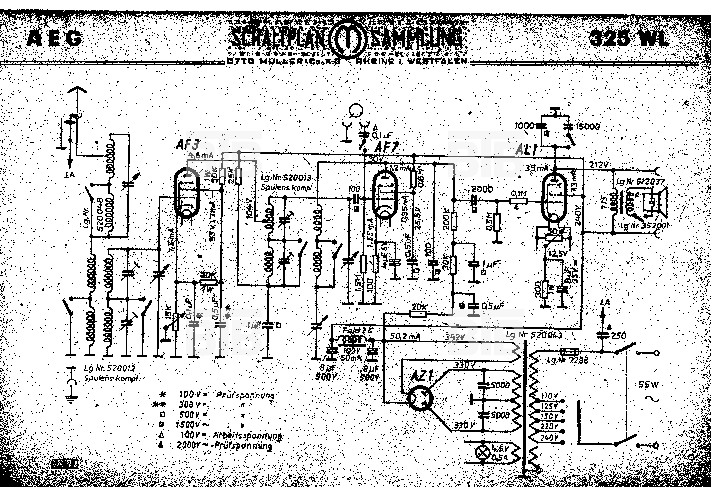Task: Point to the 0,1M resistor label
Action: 519,194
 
